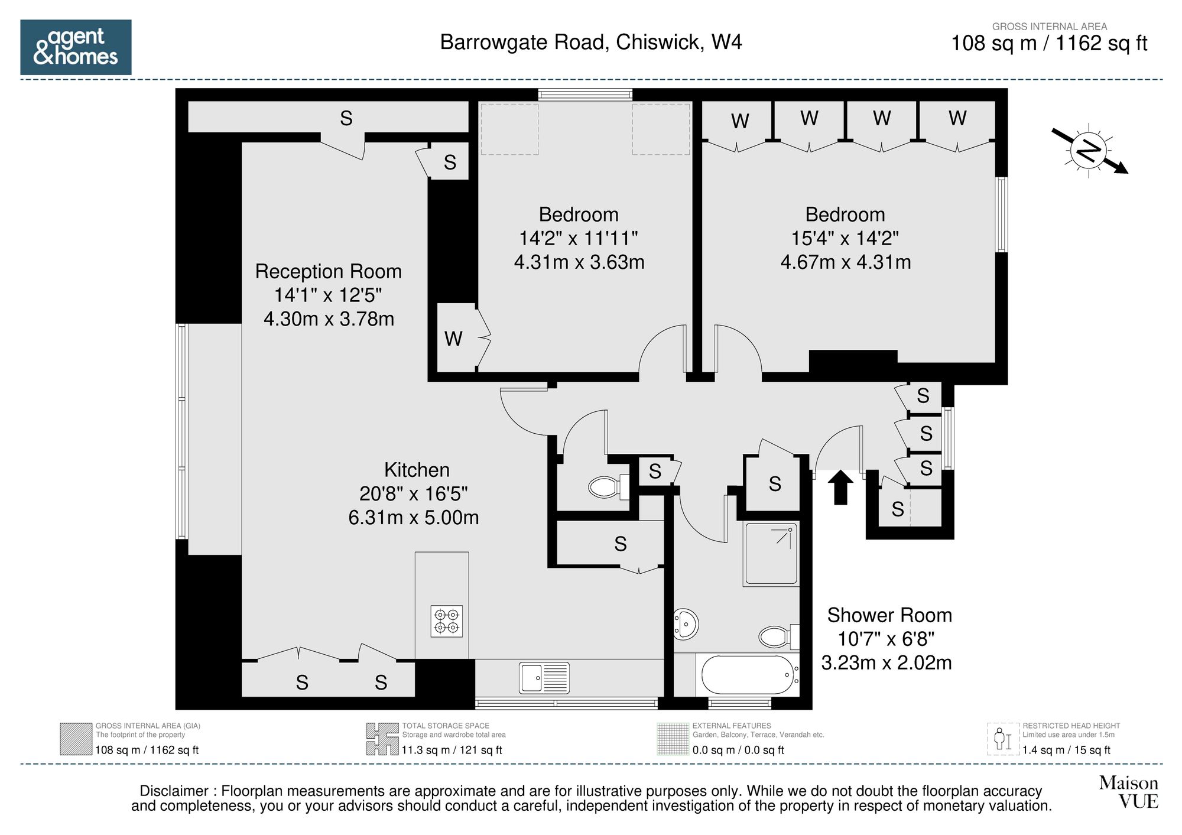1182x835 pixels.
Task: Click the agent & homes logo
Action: (76, 47)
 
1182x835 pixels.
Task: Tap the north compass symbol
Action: (1089, 151)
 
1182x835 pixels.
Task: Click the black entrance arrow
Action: (840, 488)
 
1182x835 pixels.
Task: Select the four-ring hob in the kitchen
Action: (447, 621)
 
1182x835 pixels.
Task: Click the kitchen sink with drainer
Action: (544, 677)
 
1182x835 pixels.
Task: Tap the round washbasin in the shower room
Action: (686, 623)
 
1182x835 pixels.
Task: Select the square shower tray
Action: (771, 554)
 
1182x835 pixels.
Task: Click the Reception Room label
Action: (328, 271)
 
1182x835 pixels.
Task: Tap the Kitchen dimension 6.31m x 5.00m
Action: (413, 518)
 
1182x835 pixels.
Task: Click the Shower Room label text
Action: (889, 615)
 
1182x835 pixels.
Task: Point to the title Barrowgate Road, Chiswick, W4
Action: (590, 43)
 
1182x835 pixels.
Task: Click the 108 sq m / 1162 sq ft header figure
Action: (1048, 44)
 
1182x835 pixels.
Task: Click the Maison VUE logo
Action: (1128, 792)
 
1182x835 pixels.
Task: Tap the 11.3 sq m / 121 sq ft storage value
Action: (452, 750)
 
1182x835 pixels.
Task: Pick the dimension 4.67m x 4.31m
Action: (845, 262)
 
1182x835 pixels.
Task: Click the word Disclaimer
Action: (174, 791)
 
